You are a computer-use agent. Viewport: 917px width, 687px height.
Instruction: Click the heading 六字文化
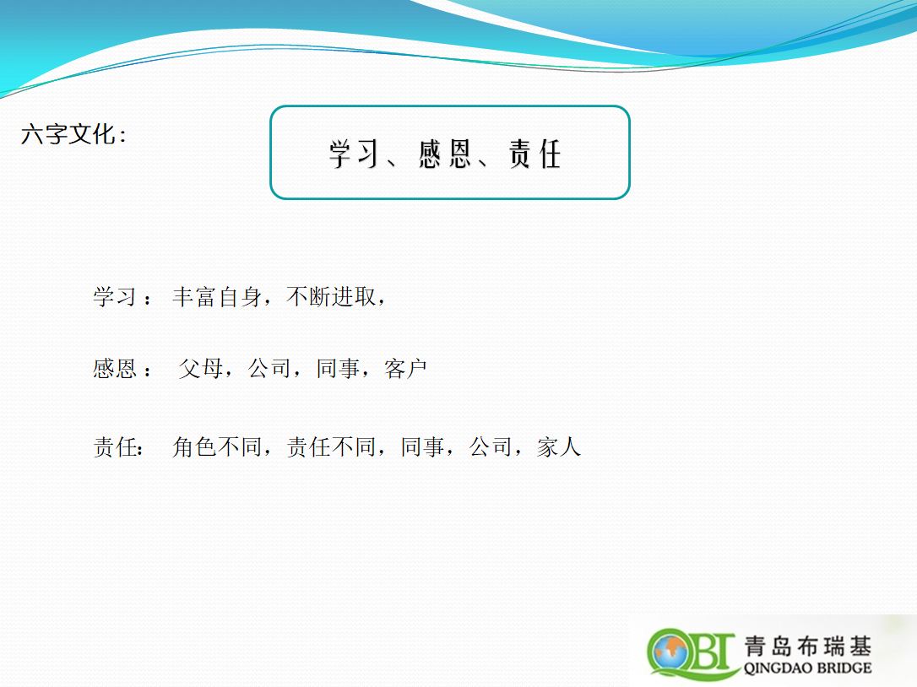pyautogui.click(x=68, y=134)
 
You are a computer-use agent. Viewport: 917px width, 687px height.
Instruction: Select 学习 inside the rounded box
pyautogui.click(x=353, y=154)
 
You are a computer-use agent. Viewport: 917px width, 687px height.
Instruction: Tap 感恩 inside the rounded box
pyautogui.click(x=444, y=154)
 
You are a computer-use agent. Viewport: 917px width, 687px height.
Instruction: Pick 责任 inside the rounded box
pyautogui.click(x=534, y=154)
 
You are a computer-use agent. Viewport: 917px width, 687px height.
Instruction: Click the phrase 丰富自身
pyautogui.click(x=217, y=296)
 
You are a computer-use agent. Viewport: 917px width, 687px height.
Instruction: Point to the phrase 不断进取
pyautogui.click(x=331, y=296)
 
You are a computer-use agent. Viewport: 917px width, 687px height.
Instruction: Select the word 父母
pyautogui.click(x=201, y=368)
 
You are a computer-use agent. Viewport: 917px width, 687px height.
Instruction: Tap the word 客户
pyautogui.click(x=406, y=368)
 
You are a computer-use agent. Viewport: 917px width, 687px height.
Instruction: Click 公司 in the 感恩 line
pyautogui.click(x=269, y=368)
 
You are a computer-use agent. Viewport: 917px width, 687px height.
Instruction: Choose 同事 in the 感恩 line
pyautogui.click(x=338, y=368)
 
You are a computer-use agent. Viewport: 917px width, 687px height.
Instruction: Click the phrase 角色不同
pyautogui.click(x=217, y=446)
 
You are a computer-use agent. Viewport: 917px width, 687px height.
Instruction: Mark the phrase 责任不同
pyautogui.click(x=331, y=446)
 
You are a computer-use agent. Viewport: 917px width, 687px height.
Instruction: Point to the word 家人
pyautogui.click(x=559, y=446)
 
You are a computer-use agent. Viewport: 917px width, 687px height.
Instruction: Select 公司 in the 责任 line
pyautogui.click(x=491, y=446)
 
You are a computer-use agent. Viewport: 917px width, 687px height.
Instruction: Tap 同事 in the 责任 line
pyautogui.click(x=422, y=446)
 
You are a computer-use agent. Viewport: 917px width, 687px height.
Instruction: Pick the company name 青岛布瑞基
pyautogui.click(x=807, y=646)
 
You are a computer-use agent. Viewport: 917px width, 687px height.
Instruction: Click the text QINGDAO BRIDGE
pyautogui.click(x=807, y=668)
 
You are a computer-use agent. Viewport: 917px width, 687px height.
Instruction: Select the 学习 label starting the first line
pyautogui.click(x=115, y=296)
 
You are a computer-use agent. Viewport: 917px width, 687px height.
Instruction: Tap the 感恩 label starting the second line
pyautogui.click(x=115, y=368)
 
